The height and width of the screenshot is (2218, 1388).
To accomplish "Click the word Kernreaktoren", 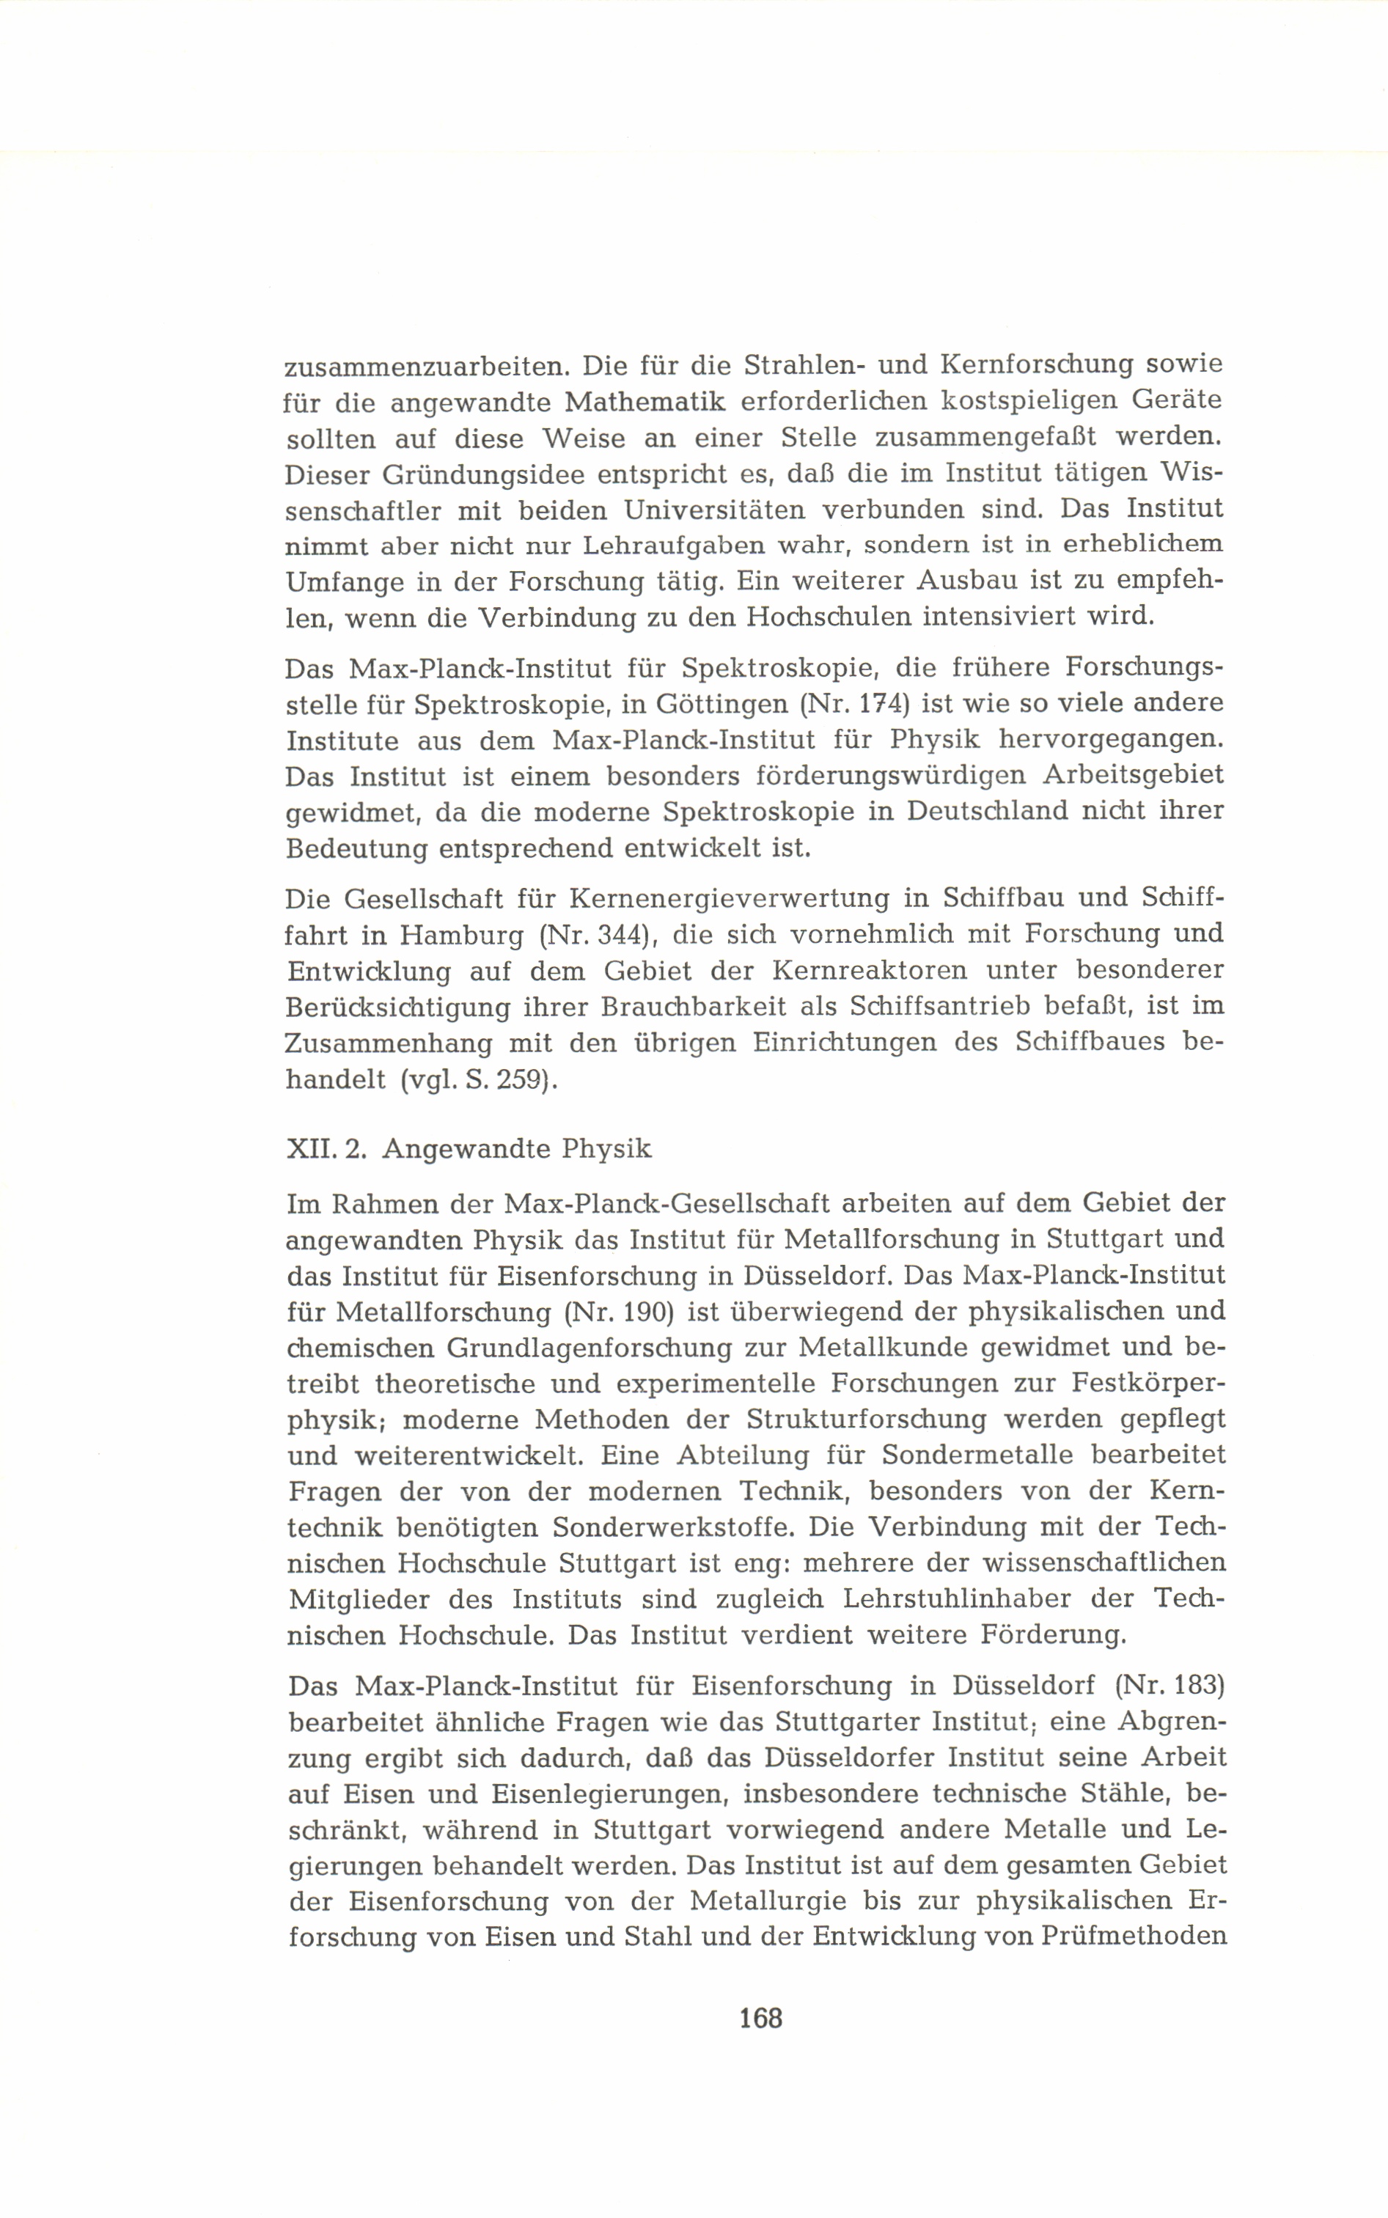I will tap(870, 970).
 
